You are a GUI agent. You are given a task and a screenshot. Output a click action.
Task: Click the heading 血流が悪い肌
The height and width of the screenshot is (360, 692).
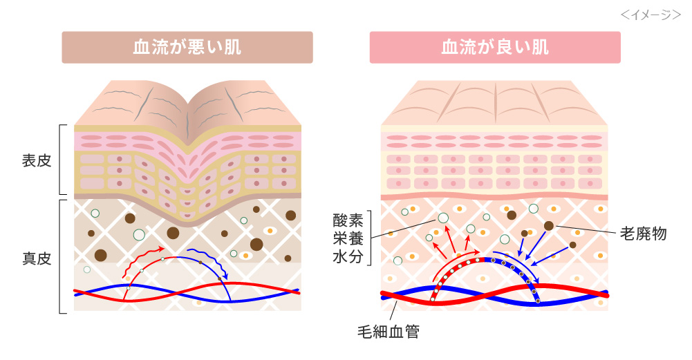click(x=187, y=47)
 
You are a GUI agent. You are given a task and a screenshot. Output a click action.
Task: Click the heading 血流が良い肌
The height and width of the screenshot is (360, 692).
click(x=495, y=47)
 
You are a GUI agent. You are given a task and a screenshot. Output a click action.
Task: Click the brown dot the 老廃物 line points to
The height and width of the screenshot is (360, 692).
click(x=548, y=225)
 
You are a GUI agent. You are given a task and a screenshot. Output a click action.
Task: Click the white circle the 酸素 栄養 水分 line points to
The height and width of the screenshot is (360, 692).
click(x=442, y=218)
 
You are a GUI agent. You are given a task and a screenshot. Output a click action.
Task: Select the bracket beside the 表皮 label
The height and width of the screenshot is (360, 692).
click(x=62, y=160)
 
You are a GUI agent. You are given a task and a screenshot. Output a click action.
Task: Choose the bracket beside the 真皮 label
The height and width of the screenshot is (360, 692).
click(x=62, y=256)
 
